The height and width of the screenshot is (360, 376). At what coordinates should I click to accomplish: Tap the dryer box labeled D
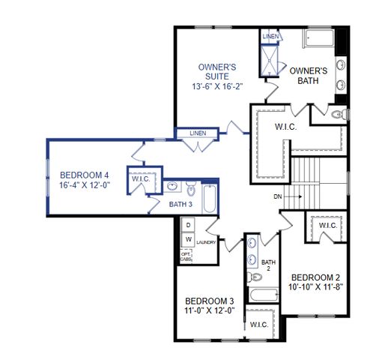pos(188,225)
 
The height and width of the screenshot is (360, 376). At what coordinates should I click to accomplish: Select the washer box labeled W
pos(188,239)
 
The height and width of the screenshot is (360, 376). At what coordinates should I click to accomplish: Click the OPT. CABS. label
pos(187,256)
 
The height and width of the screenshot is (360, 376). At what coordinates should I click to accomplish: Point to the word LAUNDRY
pos(206,243)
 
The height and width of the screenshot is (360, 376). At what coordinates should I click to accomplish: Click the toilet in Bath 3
pos(192,187)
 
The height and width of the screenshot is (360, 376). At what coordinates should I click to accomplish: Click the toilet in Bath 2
pos(257,297)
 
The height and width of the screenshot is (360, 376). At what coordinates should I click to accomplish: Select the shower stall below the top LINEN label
pos(270,58)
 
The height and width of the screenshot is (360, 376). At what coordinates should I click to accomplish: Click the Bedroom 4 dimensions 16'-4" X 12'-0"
pos(85,185)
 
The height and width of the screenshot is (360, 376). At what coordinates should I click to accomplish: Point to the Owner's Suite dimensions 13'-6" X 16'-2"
pos(217,86)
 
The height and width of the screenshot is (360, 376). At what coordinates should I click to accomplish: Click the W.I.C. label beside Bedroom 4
pos(141,178)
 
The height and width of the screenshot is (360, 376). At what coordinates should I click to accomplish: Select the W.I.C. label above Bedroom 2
pos(327,225)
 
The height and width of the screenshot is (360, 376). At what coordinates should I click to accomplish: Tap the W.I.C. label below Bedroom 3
pos(259,324)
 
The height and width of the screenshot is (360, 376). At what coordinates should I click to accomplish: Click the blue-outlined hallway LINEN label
pos(198,133)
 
